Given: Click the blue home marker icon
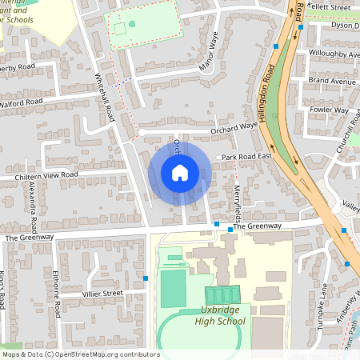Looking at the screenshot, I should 180,173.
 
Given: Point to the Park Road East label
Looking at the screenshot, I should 247,158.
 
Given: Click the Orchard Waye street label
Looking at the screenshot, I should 234,126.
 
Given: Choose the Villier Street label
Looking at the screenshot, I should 102,294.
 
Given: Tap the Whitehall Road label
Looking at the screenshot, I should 106,96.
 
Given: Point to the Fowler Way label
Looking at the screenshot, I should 330,110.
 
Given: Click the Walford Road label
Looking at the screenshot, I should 21,102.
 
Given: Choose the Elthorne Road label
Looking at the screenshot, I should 57,288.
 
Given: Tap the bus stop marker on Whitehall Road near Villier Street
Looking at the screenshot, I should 146,278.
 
